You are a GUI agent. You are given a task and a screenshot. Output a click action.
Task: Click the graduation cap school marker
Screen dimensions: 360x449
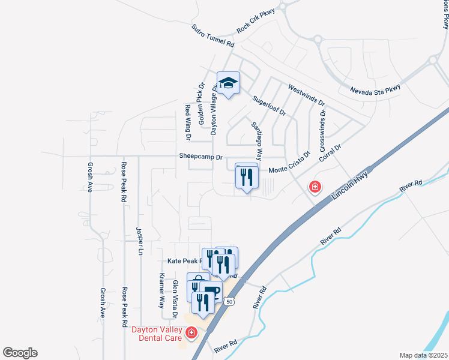coord(228,83)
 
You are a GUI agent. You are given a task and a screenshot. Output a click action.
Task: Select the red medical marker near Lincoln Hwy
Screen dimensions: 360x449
coord(314,187)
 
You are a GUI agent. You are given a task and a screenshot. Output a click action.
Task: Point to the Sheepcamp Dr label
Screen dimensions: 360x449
coord(200,157)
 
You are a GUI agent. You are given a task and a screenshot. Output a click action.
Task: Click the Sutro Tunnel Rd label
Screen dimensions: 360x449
coord(212,36)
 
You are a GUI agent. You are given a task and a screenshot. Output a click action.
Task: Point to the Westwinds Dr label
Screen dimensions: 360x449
coord(306,95)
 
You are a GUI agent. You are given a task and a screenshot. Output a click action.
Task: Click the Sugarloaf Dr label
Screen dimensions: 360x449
coord(269,106)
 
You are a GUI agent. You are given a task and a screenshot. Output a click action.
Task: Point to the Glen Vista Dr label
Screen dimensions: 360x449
coord(175,299)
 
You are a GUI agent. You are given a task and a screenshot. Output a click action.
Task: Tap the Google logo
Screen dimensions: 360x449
coord(20,353)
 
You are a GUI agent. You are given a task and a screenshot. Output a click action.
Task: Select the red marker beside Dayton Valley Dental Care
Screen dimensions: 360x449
coord(191,332)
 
